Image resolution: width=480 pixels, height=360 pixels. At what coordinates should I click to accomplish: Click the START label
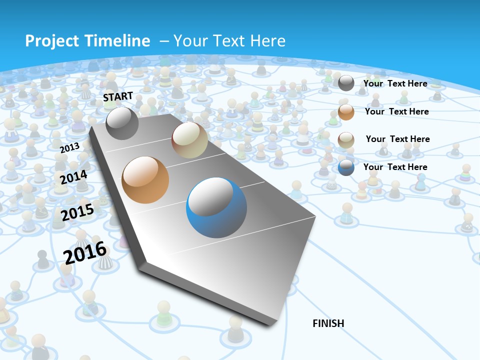[x=118, y=96]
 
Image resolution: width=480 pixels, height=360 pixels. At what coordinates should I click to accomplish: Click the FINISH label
[x=328, y=323]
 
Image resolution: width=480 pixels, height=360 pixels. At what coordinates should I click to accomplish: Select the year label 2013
[x=69, y=147]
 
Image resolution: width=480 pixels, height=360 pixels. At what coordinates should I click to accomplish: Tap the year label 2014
[x=73, y=177]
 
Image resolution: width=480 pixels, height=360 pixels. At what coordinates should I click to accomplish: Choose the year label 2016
[x=85, y=253]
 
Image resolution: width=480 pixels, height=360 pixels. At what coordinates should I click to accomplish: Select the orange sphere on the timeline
[x=145, y=180]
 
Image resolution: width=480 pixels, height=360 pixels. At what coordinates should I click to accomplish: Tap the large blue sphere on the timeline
[x=216, y=208]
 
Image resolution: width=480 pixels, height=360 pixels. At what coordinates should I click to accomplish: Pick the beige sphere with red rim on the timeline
[x=190, y=140]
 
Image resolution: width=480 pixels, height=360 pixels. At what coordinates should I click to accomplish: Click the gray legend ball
[x=346, y=83]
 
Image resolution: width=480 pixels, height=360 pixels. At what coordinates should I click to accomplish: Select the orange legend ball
[x=346, y=111]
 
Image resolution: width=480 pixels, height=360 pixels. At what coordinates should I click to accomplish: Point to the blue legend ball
[x=346, y=167]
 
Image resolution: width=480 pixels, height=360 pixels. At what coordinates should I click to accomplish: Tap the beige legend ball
[x=346, y=140]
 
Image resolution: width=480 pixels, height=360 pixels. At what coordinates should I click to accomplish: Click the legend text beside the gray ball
[x=395, y=83]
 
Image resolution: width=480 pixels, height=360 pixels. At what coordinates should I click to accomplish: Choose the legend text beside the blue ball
[x=395, y=167]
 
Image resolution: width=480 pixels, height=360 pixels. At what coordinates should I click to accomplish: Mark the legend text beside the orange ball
[x=396, y=111]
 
